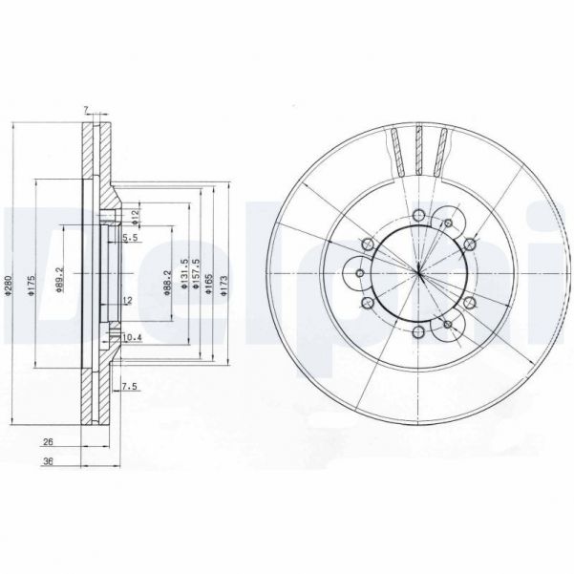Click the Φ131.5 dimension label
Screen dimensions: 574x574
tap(182, 283)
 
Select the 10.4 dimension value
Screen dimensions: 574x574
tap(133, 337)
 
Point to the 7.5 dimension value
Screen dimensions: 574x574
tap(131, 386)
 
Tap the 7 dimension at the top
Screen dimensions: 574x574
tap(86, 110)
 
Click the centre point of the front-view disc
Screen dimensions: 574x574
tap(418, 274)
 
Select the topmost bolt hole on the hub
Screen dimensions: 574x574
tap(418, 214)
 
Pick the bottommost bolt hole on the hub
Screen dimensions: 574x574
tap(418, 334)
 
